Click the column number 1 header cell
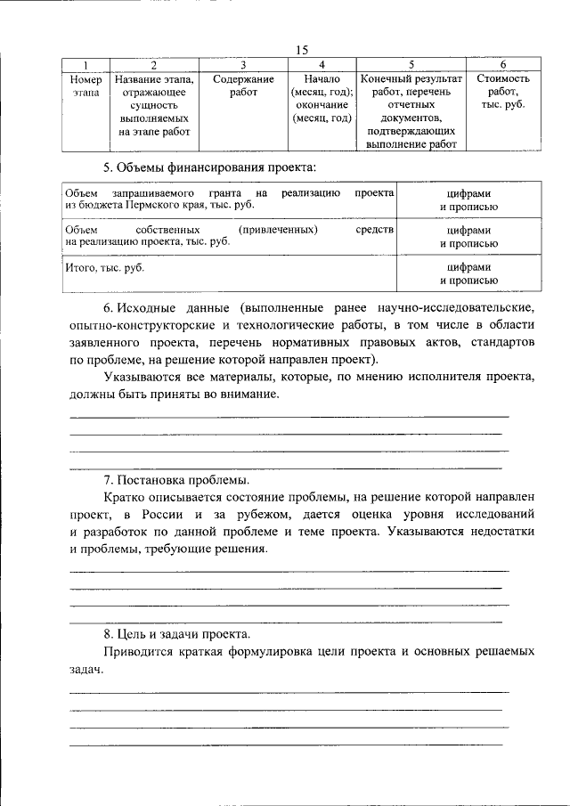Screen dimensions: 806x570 pyautogui.click(x=85, y=65)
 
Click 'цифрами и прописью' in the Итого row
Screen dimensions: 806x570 pyautogui.click(x=468, y=273)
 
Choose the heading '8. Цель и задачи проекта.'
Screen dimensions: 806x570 pyautogui.click(x=176, y=634)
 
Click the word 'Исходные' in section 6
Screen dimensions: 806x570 pyautogui.click(x=146, y=307)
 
